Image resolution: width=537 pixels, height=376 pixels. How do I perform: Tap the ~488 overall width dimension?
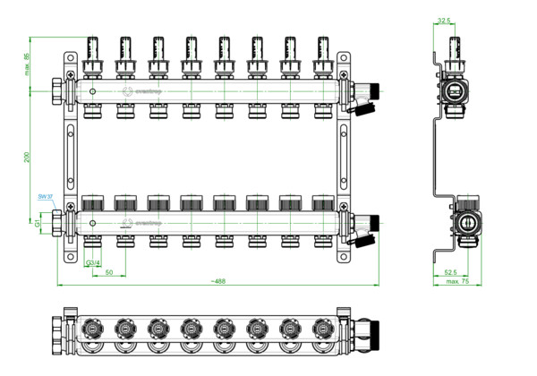[216, 281]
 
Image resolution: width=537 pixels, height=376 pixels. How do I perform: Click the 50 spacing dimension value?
[108, 270]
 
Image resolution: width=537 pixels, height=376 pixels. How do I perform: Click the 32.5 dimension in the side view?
[444, 19]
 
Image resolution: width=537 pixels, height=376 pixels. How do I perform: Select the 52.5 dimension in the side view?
[450, 271]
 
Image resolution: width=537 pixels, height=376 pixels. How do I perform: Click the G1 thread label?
[38, 220]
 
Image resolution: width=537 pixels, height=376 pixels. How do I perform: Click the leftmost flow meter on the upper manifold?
[92, 54]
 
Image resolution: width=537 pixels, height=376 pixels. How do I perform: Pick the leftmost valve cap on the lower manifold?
[92, 203]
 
